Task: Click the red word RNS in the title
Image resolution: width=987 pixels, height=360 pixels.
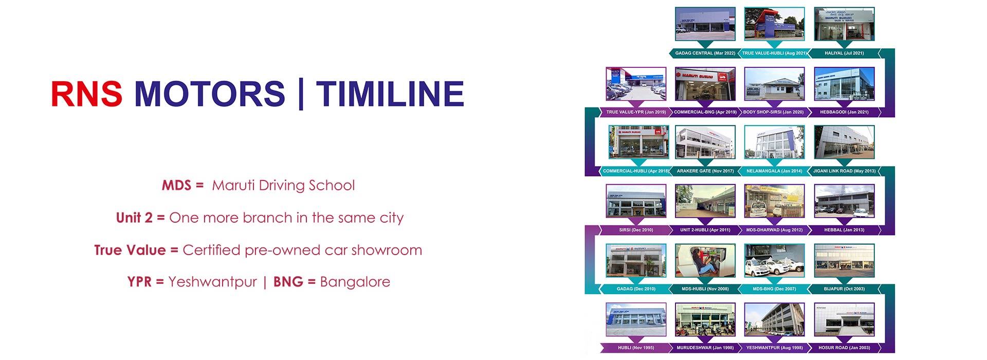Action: point(86,94)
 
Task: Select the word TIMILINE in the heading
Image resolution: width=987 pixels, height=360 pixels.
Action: point(390,94)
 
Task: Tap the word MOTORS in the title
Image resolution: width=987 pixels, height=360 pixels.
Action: point(210,94)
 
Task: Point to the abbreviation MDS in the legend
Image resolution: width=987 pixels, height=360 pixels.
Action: point(176,185)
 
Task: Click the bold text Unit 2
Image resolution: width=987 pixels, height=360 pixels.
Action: point(134,218)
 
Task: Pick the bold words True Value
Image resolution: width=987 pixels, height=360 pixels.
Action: point(130,250)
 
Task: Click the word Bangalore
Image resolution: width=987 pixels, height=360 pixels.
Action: point(355,282)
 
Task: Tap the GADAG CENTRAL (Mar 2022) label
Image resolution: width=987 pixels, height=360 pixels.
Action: point(705,53)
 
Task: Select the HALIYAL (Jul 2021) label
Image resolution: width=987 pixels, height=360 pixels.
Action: point(844,53)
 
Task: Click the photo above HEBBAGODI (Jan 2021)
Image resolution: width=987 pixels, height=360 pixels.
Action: point(844,84)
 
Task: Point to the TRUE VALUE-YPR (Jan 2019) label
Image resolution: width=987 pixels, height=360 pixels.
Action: point(636,112)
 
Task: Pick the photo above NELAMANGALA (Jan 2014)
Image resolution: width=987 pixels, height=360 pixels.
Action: point(774,142)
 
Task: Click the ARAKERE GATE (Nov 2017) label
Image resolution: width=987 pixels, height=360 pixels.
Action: point(705,171)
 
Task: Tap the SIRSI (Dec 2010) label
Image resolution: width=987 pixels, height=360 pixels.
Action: point(636,230)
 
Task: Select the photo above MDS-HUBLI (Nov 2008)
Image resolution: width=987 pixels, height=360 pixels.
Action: point(705,261)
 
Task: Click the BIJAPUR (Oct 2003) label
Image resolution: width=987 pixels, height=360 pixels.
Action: point(844,289)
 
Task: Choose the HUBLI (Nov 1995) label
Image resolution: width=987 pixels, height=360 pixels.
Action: point(636,348)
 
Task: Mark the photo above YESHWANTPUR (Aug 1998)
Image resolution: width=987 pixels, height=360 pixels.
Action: point(774,319)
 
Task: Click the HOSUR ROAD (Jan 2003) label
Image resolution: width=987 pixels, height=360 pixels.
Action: point(844,348)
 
